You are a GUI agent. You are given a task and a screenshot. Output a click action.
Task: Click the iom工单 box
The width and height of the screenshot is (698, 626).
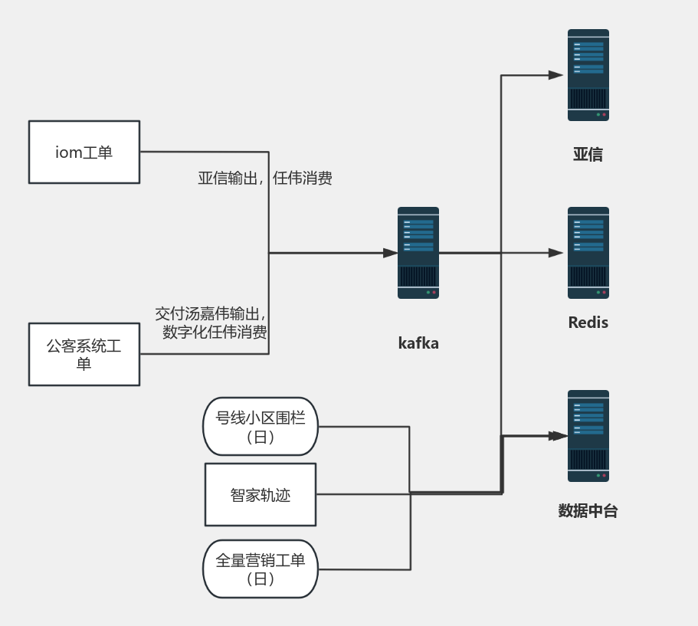click(x=84, y=152)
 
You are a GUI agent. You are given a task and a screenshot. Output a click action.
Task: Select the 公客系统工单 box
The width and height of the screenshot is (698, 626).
click(x=84, y=354)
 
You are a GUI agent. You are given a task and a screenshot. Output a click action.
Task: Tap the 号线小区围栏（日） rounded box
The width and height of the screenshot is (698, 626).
click(x=261, y=427)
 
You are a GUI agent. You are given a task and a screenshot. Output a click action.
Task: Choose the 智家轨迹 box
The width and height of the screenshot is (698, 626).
click(x=261, y=494)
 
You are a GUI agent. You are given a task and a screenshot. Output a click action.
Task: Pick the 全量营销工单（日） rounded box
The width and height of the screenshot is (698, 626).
click(x=261, y=569)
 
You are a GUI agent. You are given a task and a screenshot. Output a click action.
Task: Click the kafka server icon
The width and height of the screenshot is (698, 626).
click(x=418, y=253)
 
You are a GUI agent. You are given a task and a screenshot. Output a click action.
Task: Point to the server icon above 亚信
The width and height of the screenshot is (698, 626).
click(x=588, y=75)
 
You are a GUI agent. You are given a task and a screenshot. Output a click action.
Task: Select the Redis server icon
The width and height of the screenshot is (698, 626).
click(x=588, y=253)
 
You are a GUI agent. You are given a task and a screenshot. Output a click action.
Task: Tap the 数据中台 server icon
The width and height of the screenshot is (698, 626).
click(x=588, y=436)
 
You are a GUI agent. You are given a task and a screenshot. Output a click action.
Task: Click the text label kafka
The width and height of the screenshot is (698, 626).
click(x=418, y=343)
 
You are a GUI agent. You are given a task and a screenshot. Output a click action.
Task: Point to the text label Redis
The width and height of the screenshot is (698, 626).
click(x=588, y=323)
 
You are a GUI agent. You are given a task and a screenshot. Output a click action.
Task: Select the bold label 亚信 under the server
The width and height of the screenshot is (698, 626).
click(x=588, y=155)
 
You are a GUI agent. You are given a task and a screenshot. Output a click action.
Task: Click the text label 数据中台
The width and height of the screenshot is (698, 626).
click(x=588, y=511)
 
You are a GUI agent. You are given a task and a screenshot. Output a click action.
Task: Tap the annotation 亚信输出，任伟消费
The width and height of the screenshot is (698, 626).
click(x=265, y=179)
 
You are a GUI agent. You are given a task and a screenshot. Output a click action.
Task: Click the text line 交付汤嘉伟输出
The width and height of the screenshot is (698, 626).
click(x=211, y=314)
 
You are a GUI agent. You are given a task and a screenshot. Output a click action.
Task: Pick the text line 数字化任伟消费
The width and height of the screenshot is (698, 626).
click(x=215, y=333)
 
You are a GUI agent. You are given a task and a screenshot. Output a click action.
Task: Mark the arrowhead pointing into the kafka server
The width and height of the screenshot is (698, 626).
click(x=391, y=253)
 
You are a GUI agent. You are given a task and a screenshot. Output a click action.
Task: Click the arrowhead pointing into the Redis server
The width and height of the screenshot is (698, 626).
click(x=556, y=253)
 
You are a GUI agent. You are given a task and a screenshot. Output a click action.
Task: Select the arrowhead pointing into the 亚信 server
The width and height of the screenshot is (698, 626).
click(x=556, y=75)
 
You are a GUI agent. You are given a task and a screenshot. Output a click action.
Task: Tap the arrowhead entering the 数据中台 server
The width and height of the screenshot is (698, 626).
click(x=558, y=436)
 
